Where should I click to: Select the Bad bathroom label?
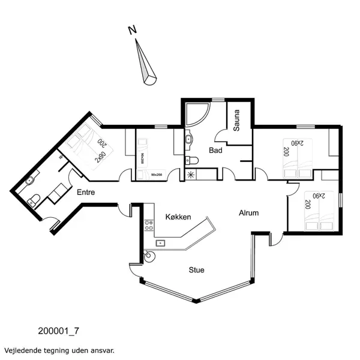click(215, 151)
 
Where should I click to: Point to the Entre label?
click(86, 192)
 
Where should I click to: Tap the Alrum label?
click(248, 213)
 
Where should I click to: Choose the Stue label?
click(196, 270)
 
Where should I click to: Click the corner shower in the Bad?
click(196, 118)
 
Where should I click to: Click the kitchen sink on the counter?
click(160, 243)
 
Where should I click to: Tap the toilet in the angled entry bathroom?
click(35, 199)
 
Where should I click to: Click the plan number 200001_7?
click(58, 330)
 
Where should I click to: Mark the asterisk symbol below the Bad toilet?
click(191, 175)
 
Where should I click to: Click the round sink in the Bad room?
click(188, 140)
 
